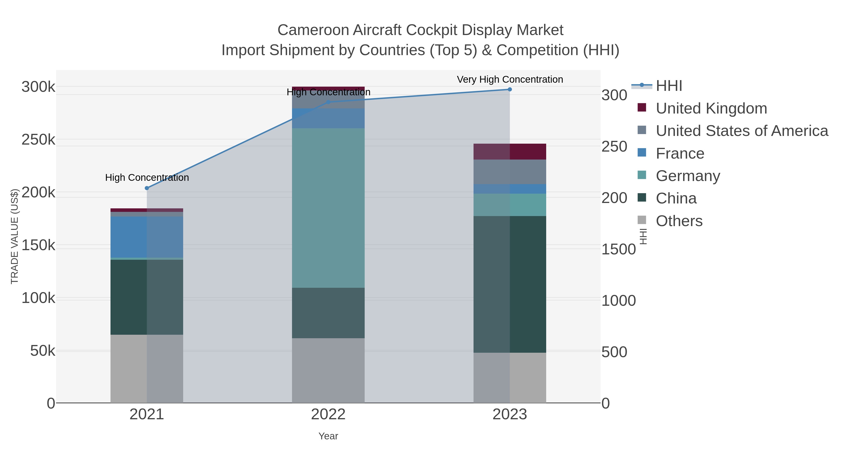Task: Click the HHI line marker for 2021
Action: click(x=146, y=188)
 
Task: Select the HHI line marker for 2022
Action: click(x=328, y=102)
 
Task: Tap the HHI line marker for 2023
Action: click(x=510, y=89)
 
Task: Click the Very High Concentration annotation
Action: click(x=510, y=80)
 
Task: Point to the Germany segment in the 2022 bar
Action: click(x=328, y=208)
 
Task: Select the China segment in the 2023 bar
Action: click(x=510, y=284)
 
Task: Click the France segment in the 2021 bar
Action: click(x=146, y=237)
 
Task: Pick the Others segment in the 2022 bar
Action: click(x=328, y=370)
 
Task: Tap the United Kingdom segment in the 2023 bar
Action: click(x=510, y=151)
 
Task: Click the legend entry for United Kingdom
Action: click(x=711, y=108)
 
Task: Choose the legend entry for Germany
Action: click(x=688, y=176)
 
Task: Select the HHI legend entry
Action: click(x=669, y=86)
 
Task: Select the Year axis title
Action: click(x=328, y=436)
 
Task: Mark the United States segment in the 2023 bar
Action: click(x=510, y=172)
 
